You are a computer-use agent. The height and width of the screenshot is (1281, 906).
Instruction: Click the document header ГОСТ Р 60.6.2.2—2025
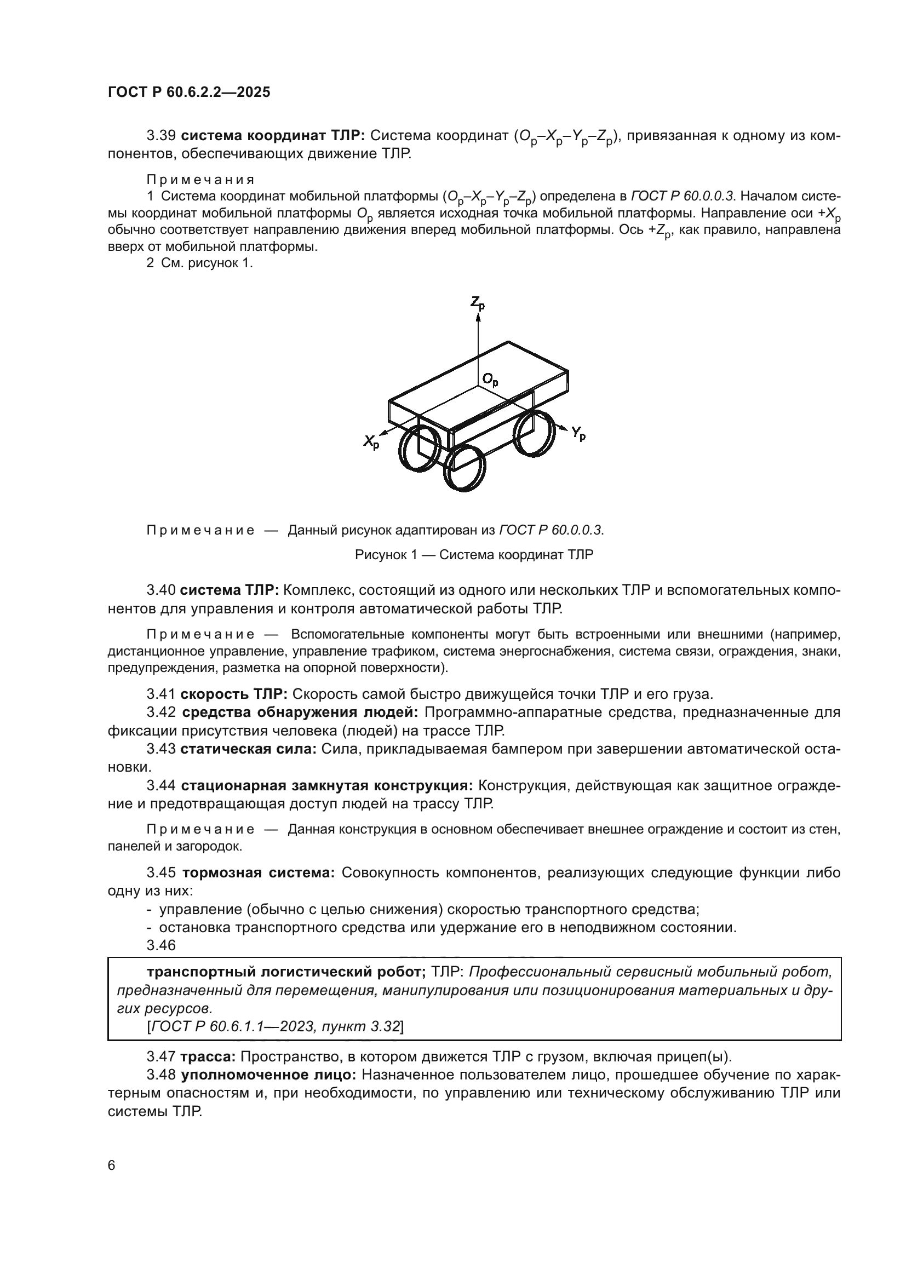click(x=189, y=93)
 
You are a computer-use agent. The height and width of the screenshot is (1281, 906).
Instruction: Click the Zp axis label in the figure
click(x=478, y=302)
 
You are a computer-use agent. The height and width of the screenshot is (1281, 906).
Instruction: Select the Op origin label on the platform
click(x=490, y=381)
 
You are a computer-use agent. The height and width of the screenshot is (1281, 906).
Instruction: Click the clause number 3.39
click(x=161, y=136)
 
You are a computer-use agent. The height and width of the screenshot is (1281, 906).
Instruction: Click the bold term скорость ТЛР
click(x=234, y=694)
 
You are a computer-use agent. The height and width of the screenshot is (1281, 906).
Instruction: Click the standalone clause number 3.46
click(x=161, y=945)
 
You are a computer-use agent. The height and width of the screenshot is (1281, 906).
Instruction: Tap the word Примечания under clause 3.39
click(x=200, y=180)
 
